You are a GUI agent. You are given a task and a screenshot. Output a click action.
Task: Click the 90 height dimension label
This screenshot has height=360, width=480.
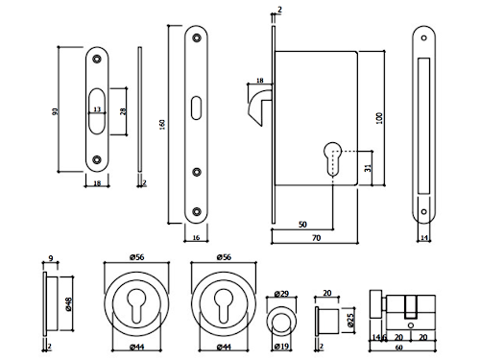click(x=56, y=111)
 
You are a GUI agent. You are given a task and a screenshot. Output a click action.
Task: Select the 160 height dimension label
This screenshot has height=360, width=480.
click(x=162, y=124)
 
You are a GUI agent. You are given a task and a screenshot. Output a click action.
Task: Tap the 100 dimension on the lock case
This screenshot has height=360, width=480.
click(x=379, y=118)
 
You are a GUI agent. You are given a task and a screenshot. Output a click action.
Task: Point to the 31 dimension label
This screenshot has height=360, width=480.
click(x=368, y=168)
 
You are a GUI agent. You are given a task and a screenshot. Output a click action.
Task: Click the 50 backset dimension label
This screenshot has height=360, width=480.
click(x=302, y=225)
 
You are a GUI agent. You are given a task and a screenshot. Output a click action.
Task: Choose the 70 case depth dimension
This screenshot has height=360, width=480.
click(x=316, y=238)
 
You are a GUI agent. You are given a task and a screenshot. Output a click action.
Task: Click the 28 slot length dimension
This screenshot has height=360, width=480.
click(x=123, y=111)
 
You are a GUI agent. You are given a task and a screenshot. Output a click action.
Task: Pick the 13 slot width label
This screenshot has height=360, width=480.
click(x=97, y=109)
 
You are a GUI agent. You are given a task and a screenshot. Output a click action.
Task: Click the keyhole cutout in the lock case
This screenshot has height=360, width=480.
click(x=333, y=158)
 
